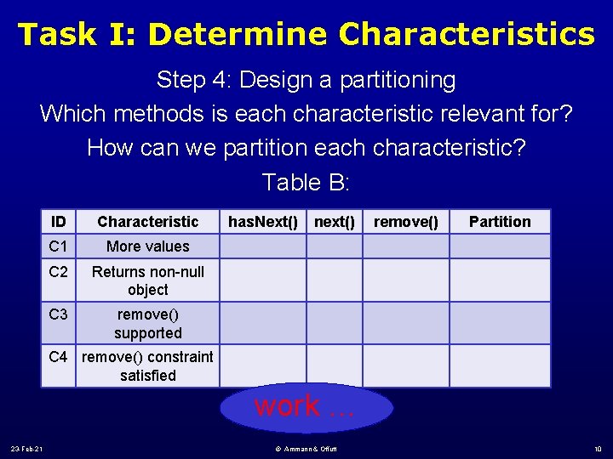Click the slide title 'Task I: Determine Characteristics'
306,34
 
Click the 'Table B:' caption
306,182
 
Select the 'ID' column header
59,222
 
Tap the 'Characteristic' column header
147,222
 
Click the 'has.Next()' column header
262,222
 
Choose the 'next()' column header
335,222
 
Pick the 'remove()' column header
406,222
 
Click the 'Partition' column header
500,222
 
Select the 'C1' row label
59,246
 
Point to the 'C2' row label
59,272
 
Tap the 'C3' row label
59,315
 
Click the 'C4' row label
59,357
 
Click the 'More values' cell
147,246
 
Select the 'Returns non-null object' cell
147,280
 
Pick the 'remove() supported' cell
147,324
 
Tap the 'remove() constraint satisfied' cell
147,365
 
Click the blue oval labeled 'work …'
306,407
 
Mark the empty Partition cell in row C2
500,280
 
